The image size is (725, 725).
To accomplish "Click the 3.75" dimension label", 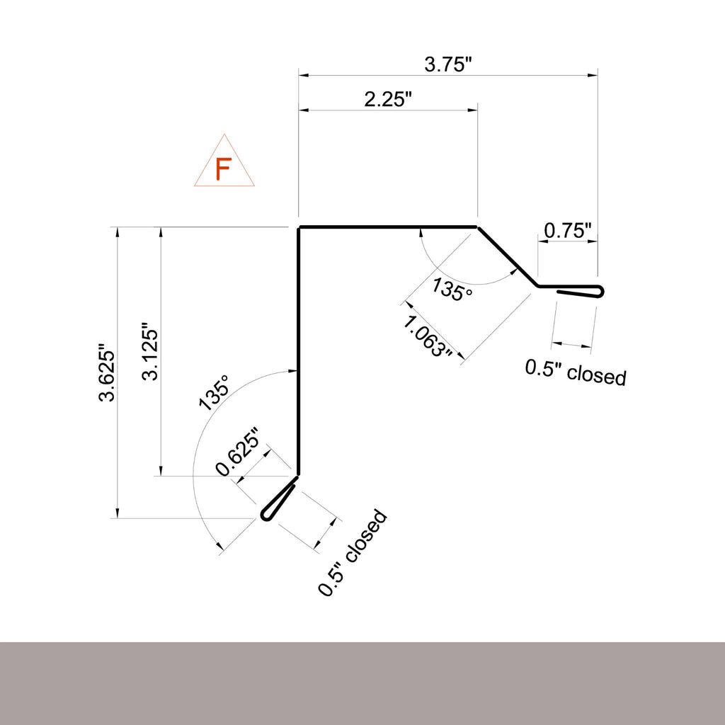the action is pos(447,64).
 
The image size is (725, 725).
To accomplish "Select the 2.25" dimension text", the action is pos(387,99).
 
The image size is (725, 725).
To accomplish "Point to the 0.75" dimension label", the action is pos(567,230).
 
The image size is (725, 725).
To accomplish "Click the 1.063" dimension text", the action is pos(427,337).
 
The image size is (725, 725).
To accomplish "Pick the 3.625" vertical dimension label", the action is pos(107,372).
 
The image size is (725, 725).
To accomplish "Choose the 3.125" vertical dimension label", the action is pos(150,355).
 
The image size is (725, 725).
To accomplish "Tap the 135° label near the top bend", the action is pos(452,289).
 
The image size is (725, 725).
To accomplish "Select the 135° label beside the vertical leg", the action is pos(214,392).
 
